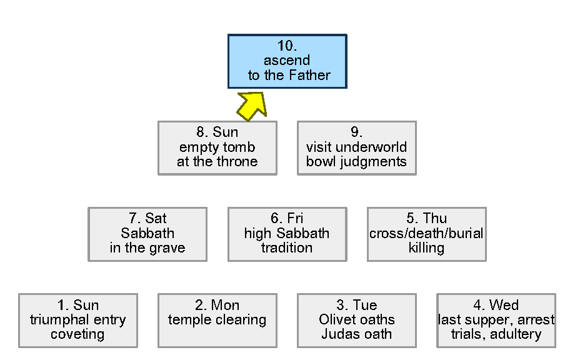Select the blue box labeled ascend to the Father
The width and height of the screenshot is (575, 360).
point(287,61)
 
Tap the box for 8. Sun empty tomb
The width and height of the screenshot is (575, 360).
point(217,147)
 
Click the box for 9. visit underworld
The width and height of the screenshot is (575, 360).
point(356,147)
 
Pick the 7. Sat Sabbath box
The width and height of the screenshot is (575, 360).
point(147,234)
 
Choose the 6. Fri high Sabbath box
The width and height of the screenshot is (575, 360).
point(287,234)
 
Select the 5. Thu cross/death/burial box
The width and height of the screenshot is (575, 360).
point(426,234)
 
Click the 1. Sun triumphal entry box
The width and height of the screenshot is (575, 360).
point(78,320)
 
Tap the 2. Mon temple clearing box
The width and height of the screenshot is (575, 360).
point(217,320)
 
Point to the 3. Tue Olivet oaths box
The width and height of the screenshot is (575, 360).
point(356,320)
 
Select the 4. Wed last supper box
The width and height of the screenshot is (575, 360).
point(496,320)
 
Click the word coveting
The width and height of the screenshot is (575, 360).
point(78,334)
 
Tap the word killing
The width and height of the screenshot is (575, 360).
point(426,248)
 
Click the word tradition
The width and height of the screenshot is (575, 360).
point(287,248)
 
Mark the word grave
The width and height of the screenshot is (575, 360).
point(167,248)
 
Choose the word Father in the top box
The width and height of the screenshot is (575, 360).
point(309,76)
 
